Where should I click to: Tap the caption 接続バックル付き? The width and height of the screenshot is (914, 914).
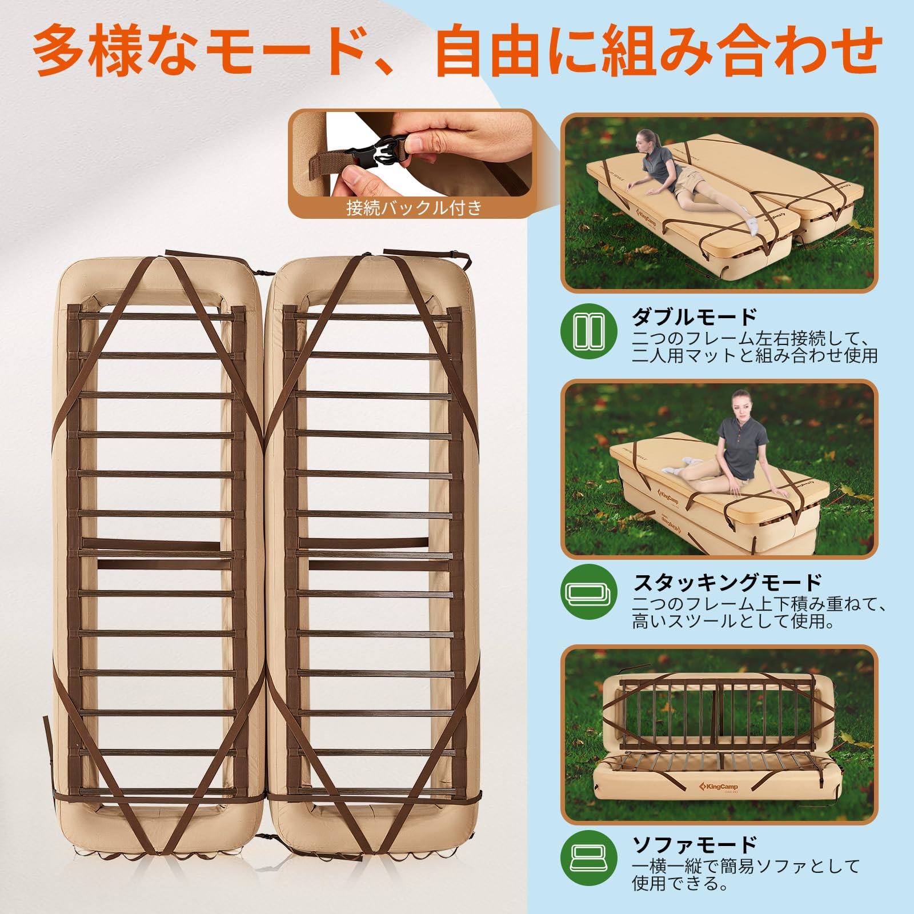pyautogui.click(x=414, y=207)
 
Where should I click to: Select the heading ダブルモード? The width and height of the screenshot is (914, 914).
pyautogui.click(x=694, y=317)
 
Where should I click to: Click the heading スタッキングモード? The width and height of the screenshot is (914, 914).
pyautogui.click(x=727, y=583)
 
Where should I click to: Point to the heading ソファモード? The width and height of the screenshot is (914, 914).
pyautogui.click(x=694, y=844)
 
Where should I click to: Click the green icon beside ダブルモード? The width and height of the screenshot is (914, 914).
pyautogui.click(x=589, y=331)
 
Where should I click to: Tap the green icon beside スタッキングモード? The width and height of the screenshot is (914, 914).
pyautogui.click(x=589, y=592)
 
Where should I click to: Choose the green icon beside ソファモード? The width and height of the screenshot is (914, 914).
pyautogui.click(x=589, y=859)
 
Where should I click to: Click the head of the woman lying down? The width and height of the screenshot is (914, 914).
pyautogui.click(x=646, y=139)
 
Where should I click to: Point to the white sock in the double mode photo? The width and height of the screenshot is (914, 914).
pyautogui.click(x=755, y=226)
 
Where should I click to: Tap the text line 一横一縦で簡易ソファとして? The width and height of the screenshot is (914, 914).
pyautogui.click(x=746, y=866)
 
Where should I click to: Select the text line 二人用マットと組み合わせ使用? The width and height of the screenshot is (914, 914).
pyautogui.click(x=755, y=355)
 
